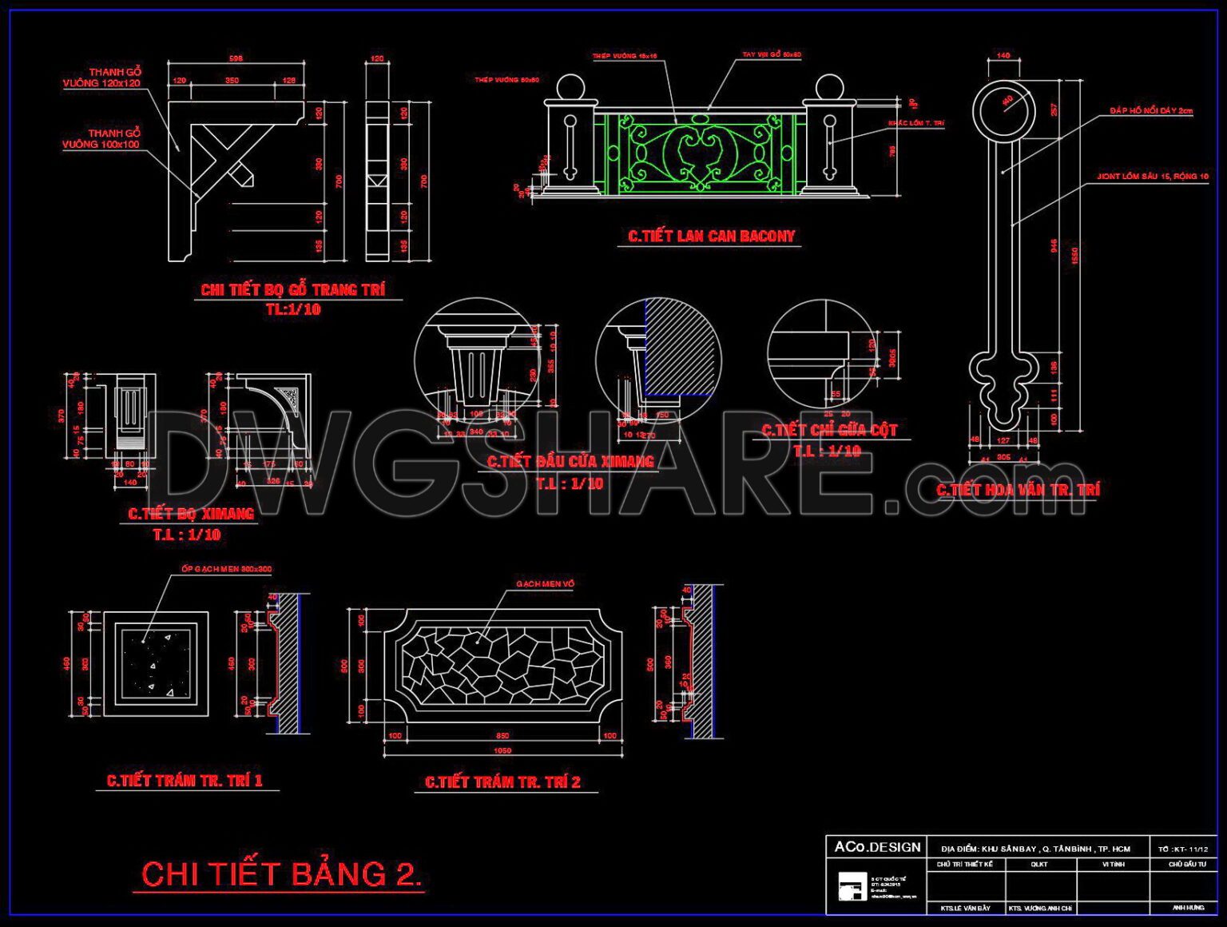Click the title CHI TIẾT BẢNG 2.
281,874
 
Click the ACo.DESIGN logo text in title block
877,847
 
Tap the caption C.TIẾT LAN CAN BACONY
711,237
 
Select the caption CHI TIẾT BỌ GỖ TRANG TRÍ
292,290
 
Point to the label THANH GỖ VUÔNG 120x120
102,78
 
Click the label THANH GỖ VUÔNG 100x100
101,139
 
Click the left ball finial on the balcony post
570,88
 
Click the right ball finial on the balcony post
829,88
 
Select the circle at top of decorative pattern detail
1003,110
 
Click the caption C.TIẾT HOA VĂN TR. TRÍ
1018,490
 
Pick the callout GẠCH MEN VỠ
545,584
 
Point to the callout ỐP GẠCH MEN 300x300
226,569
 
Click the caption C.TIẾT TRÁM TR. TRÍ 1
185,781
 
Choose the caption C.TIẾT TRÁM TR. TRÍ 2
502,782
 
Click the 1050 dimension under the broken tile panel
502,750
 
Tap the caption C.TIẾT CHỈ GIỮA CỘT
829,430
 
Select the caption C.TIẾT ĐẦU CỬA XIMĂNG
570,462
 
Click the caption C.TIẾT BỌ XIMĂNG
191,514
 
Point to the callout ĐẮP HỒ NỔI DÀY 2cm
1150,111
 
